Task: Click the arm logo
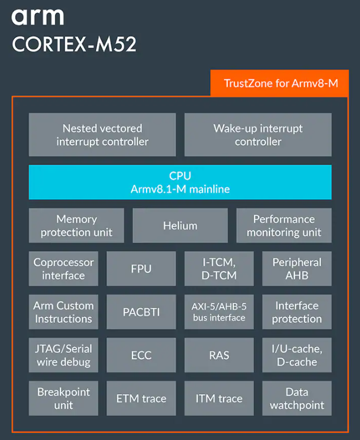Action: [x=37, y=16]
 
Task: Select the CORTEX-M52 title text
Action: [x=74, y=45]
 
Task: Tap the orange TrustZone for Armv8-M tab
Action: [x=280, y=84]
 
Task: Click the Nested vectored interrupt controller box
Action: [x=102, y=135]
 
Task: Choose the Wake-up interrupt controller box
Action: [x=258, y=135]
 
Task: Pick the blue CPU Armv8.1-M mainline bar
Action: [x=180, y=182]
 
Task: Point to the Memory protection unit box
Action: [x=76, y=226]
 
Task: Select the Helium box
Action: [x=180, y=226]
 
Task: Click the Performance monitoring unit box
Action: [x=284, y=226]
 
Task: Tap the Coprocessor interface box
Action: [x=63, y=269]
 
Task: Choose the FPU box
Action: [x=141, y=269]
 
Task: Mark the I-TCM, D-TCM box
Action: [x=219, y=269]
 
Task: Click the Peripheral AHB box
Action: [x=297, y=269]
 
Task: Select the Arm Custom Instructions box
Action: [x=63, y=312]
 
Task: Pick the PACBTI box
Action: [x=141, y=312]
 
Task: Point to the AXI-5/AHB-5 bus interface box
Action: [x=219, y=312]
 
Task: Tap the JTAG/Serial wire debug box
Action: [x=63, y=355]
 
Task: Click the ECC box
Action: [x=141, y=355]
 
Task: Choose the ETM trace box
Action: [x=141, y=398]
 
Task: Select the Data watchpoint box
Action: [x=297, y=398]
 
